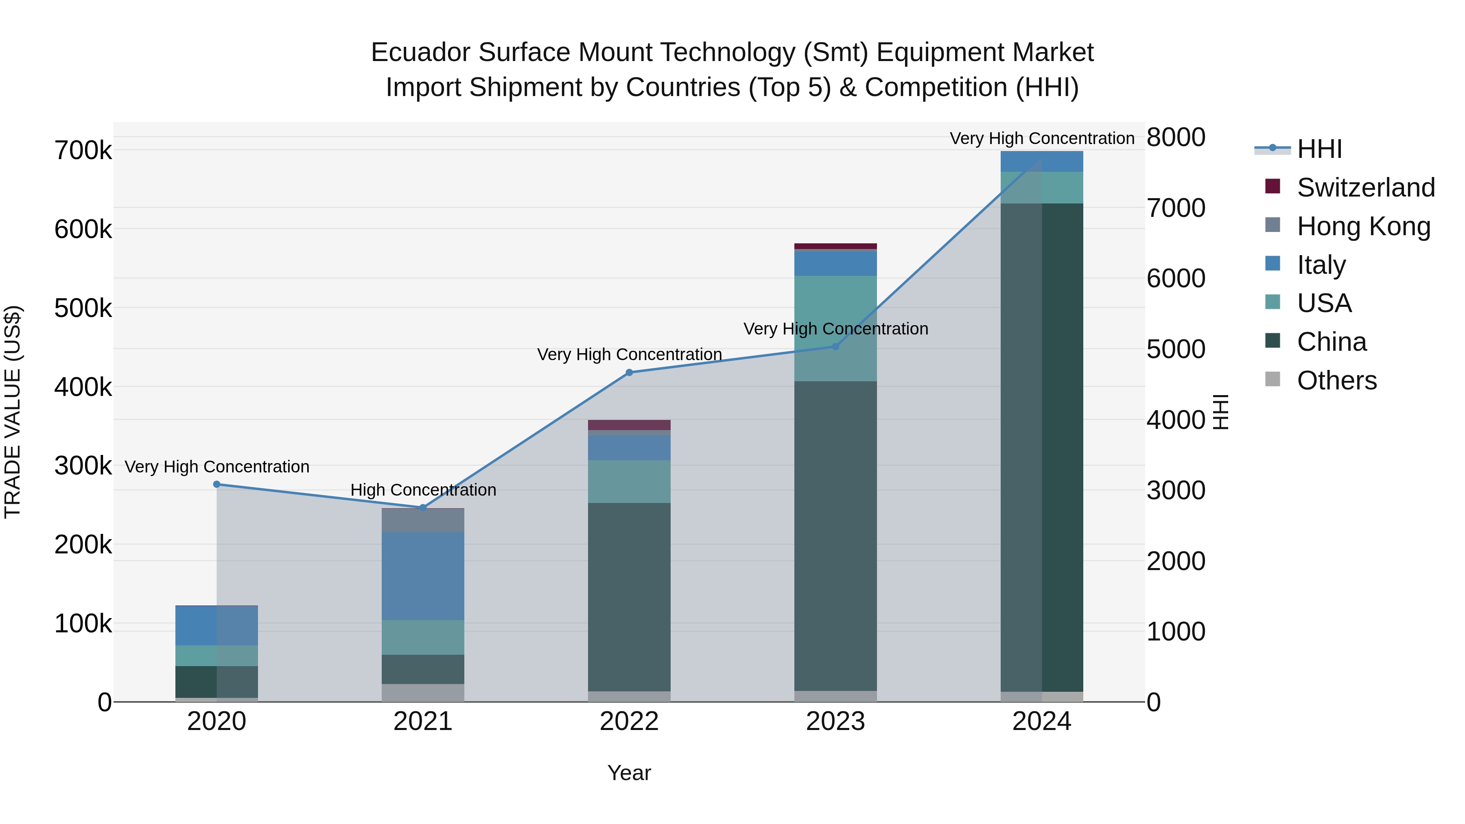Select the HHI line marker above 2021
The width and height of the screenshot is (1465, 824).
[x=422, y=507]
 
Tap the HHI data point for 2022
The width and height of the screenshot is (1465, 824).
[x=629, y=372]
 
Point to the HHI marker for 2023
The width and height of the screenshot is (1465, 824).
[x=835, y=346]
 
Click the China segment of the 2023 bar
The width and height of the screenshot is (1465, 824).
[x=835, y=535]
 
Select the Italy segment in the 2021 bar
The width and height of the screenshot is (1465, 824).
[x=422, y=575]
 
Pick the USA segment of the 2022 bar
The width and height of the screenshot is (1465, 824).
[x=629, y=481]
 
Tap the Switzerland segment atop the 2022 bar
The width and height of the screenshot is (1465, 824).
[x=629, y=425]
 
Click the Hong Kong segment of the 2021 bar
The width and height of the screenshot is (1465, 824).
[x=422, y=520]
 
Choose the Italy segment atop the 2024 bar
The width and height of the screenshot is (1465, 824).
[x=1042, y=162]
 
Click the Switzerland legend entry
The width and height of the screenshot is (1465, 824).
[x=1365, y=188]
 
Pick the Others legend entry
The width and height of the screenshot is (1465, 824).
[x=1336, y=380]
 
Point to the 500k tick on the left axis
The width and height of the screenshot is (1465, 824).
[x=83, y=309]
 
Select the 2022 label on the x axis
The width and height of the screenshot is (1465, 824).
[x=629, y=721]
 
